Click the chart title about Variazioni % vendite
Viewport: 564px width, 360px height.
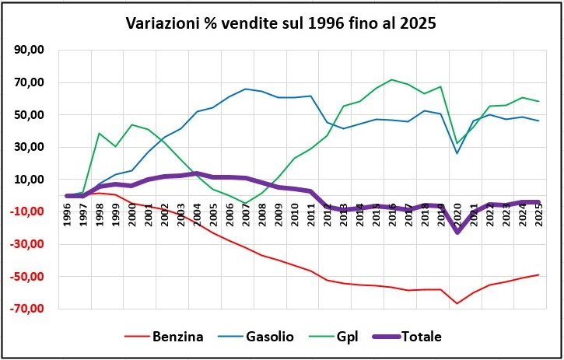(x=281, y=23)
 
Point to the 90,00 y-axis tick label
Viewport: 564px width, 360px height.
(x=29, y=51)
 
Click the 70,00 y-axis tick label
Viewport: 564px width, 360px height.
(x=29, y=82)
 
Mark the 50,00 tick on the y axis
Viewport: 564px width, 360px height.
(x=29, y=115)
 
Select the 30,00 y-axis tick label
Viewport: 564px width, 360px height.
(x=29, y=147)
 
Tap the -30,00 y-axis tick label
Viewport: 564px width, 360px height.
(x=27, y=244)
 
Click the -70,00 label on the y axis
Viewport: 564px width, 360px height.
(x=27, y=309)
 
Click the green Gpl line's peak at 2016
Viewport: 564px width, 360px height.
(x=392, y=79)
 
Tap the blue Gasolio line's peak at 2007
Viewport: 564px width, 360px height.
(x=246, y=89)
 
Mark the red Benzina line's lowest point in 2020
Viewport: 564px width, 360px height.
(x=457, y=303)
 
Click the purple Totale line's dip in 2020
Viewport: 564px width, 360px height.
(x=457, y=232)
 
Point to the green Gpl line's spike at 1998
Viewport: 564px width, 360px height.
(x=100, y=133)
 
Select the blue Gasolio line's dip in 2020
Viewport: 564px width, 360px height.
(x=457, y=153)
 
